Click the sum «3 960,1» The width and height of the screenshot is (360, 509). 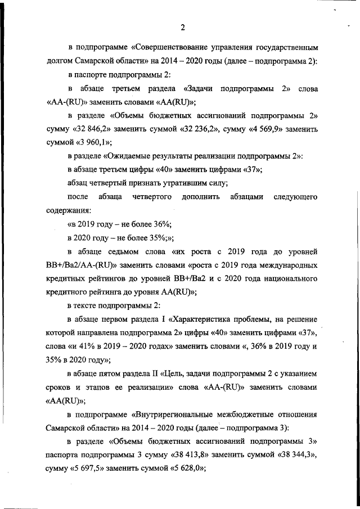click(x=93, y=143)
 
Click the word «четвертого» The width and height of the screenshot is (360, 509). click(x=151, y=197)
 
